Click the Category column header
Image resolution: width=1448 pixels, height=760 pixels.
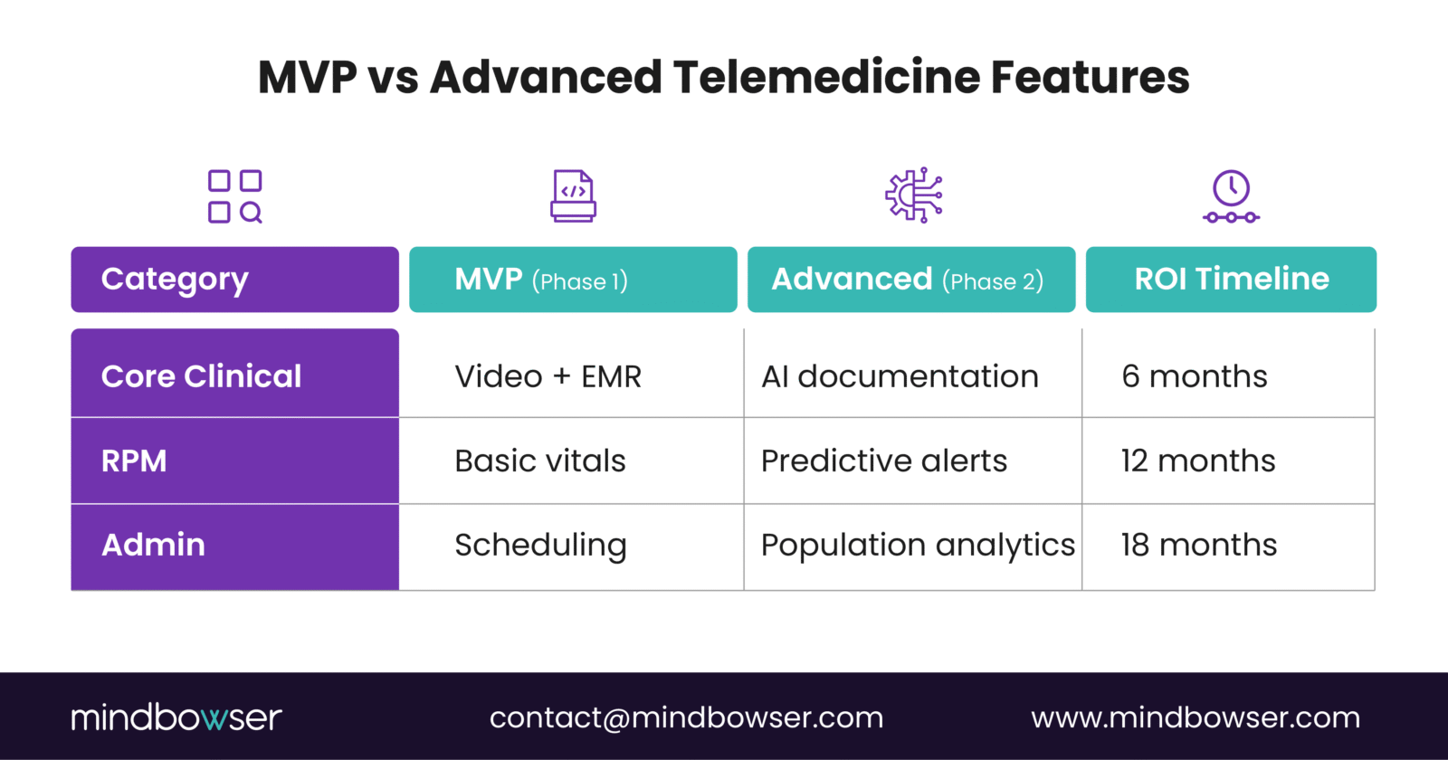pos(234,280)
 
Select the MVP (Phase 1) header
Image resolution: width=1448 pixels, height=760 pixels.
pos(573,280)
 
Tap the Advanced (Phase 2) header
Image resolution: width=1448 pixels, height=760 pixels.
pos(910,280)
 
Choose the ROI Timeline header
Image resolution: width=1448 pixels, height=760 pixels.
pos(1231,280)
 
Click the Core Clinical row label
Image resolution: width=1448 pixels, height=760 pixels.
pos(234,375)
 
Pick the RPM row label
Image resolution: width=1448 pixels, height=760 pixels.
pos(234,461)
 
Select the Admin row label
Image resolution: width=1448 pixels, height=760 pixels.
pos(234,546)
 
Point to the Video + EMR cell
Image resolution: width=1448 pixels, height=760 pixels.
pos(548,376)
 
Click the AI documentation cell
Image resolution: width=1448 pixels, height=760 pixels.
pos(900,376)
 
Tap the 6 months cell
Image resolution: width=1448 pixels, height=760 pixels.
pos(1195,376)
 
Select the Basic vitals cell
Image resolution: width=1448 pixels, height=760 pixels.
pos(540,461)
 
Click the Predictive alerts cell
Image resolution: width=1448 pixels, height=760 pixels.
pos(884,461)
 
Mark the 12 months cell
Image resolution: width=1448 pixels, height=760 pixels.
pos(1198,461)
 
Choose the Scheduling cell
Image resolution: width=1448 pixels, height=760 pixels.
pos(540,546)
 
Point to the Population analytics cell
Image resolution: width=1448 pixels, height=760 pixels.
pos(918,546)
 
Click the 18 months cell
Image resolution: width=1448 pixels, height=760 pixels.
pos(1199,546)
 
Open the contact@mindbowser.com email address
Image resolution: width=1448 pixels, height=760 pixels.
pos(686,717)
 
